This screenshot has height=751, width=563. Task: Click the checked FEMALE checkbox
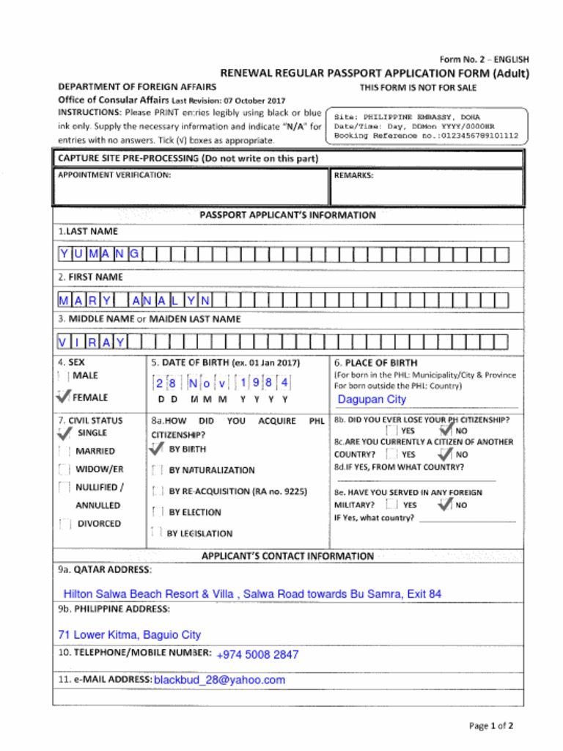tap(63, 397)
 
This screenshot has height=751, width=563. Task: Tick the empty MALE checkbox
tap(63, 375)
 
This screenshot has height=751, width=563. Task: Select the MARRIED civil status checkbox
tap(65, 451)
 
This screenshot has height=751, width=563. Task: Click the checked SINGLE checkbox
tap(65, 433)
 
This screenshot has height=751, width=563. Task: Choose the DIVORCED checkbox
tap(65, 524)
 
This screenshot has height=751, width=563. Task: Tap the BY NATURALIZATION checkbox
tap(156, 470)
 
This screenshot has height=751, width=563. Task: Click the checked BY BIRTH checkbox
tap(156, 449)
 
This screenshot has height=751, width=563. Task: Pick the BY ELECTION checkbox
tap(156, 512)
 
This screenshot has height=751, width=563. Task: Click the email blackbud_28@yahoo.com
tap(219, 680)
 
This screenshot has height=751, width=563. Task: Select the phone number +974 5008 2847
tap(257, 655)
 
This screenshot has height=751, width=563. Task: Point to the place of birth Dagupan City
tap(372, 400)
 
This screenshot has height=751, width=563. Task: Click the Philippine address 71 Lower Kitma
tap(129, 635)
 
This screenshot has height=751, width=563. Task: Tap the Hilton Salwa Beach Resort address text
tap(252, 594)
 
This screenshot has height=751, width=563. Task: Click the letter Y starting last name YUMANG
tap(65, 254)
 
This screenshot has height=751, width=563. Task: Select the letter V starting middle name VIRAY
tap(65, 342)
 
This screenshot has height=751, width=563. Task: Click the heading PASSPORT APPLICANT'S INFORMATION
tap(287, 216)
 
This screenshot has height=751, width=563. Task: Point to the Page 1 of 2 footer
tap(491, 726)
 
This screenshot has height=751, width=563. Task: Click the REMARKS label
tap(353, 176)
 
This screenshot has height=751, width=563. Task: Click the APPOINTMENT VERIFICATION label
tap(114, 176)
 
